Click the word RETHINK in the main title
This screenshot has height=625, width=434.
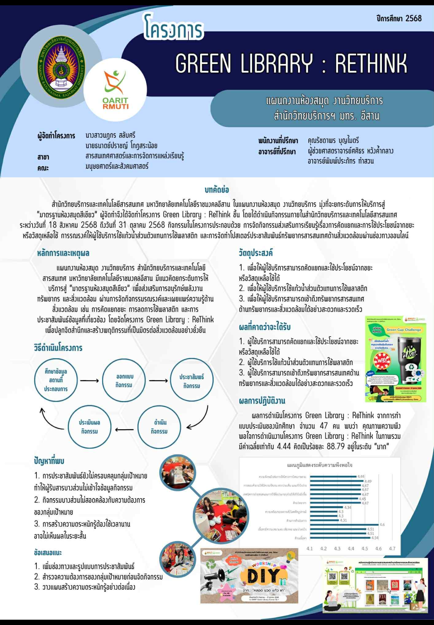pyautogui.click(x=371, y=63)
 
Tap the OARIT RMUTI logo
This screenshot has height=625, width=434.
pyautogui.click(x=115, y=90)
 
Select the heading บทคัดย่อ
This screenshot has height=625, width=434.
pyautogui.click(x=217, y=190)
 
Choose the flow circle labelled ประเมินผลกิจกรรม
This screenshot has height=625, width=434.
pyautogui.click(x=89, y=427)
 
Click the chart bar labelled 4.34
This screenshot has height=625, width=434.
pyautogui.click(x=326, y=507)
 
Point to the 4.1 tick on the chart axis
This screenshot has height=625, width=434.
pyautogui.click(x=310, y=549)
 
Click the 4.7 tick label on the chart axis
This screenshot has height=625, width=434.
pyautogui.click(x=392, y=549)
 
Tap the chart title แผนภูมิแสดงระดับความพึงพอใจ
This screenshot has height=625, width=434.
pyautogui.click(x=319, y=465)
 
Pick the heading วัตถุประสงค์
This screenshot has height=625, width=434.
pyautogui.click(x=256, y=253)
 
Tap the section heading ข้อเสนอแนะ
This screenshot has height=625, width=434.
pyautogui.click(x=48, y=553)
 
